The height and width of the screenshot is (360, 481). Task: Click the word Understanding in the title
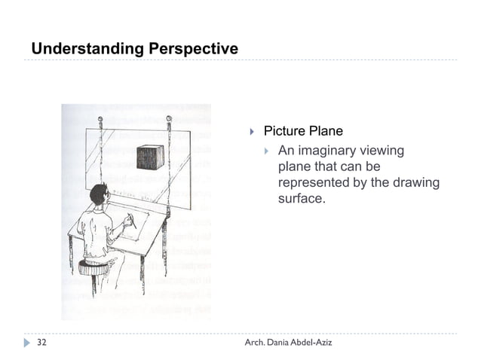pos(79,50)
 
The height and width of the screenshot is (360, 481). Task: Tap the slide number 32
pos(42,343)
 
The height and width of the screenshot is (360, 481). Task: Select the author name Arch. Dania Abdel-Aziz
pos(288,343)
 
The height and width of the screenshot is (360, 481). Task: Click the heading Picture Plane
pos(302,132)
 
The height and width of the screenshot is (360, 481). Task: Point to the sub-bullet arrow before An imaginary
pos(267,151)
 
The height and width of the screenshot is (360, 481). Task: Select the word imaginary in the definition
pos(327,151)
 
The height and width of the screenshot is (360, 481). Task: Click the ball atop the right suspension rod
pos(169,121)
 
